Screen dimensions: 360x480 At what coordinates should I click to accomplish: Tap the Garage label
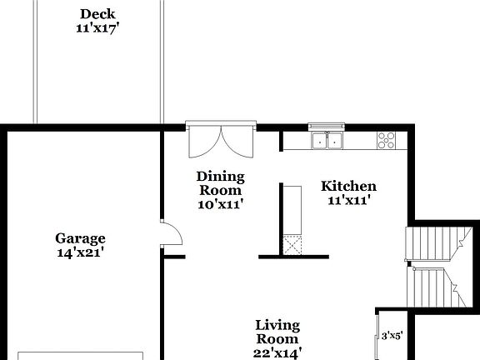click(80, 237)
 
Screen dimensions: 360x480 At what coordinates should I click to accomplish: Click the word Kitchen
click(348, 186)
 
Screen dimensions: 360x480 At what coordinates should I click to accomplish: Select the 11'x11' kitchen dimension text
click(348, 200)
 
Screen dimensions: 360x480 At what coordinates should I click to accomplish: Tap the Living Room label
click(277, 332)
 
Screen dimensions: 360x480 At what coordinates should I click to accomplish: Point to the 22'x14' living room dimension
click(277, 352)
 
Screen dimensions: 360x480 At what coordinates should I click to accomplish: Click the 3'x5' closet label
click(392, 336)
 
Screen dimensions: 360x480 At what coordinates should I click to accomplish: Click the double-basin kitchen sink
click(328, 140)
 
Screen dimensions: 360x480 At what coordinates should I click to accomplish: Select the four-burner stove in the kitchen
click(387, 140)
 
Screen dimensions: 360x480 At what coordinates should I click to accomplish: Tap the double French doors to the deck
click(220, 142)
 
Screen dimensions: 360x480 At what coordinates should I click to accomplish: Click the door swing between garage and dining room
click(171, 234)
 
